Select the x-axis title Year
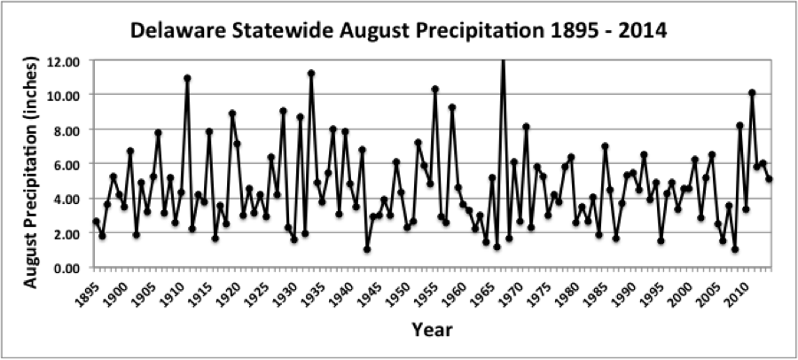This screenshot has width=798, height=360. (432, 330)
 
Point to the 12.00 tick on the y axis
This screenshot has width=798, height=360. (67, 61)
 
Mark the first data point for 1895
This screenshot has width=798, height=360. (97, 222)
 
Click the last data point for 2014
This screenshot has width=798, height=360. (769, 179)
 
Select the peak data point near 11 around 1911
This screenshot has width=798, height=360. (187, 78)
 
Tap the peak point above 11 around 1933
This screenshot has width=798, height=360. (311, 74)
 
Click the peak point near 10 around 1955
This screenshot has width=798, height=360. (435, 89)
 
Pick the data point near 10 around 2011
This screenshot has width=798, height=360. (752, 93)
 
